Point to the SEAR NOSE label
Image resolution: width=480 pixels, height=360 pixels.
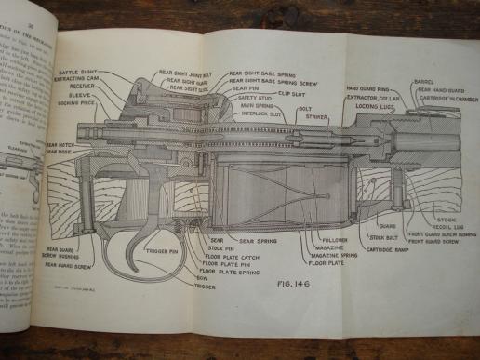coord(60,153)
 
